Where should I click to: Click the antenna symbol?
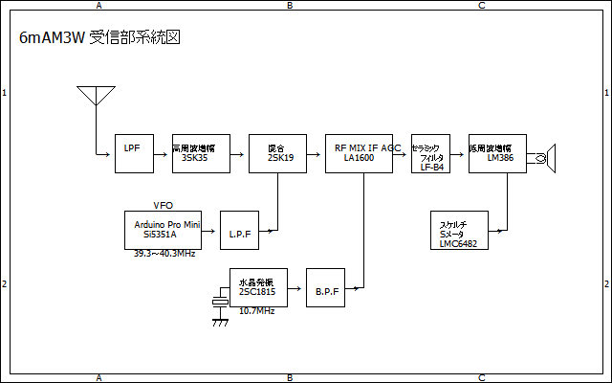96,96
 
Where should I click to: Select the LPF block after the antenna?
134,153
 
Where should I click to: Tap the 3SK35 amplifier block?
201,153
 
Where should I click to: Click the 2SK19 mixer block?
277,153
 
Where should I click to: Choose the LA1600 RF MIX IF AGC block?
363,153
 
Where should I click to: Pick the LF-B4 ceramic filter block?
430,153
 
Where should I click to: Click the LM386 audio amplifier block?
497,153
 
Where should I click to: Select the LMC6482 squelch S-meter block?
459,230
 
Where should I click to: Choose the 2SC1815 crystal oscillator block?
258,287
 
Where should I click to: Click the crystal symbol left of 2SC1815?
220,302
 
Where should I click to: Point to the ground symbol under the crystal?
220,322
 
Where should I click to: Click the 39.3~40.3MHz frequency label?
166,255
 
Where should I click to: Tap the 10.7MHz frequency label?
256,311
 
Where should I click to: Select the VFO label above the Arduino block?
163,205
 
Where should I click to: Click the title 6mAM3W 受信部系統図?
100,37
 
